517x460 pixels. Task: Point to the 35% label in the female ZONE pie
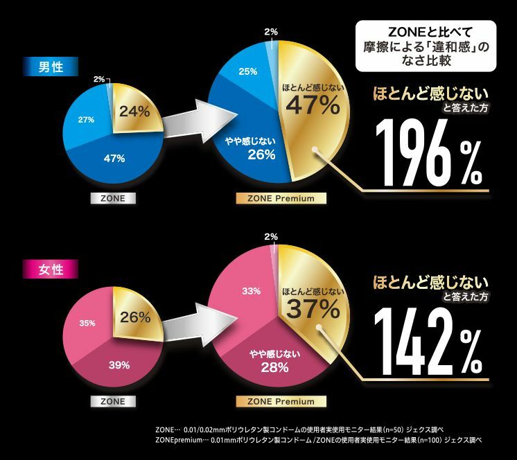[87, 323]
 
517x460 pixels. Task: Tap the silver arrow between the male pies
[189, 127]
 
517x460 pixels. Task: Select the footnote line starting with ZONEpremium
[318, 441]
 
